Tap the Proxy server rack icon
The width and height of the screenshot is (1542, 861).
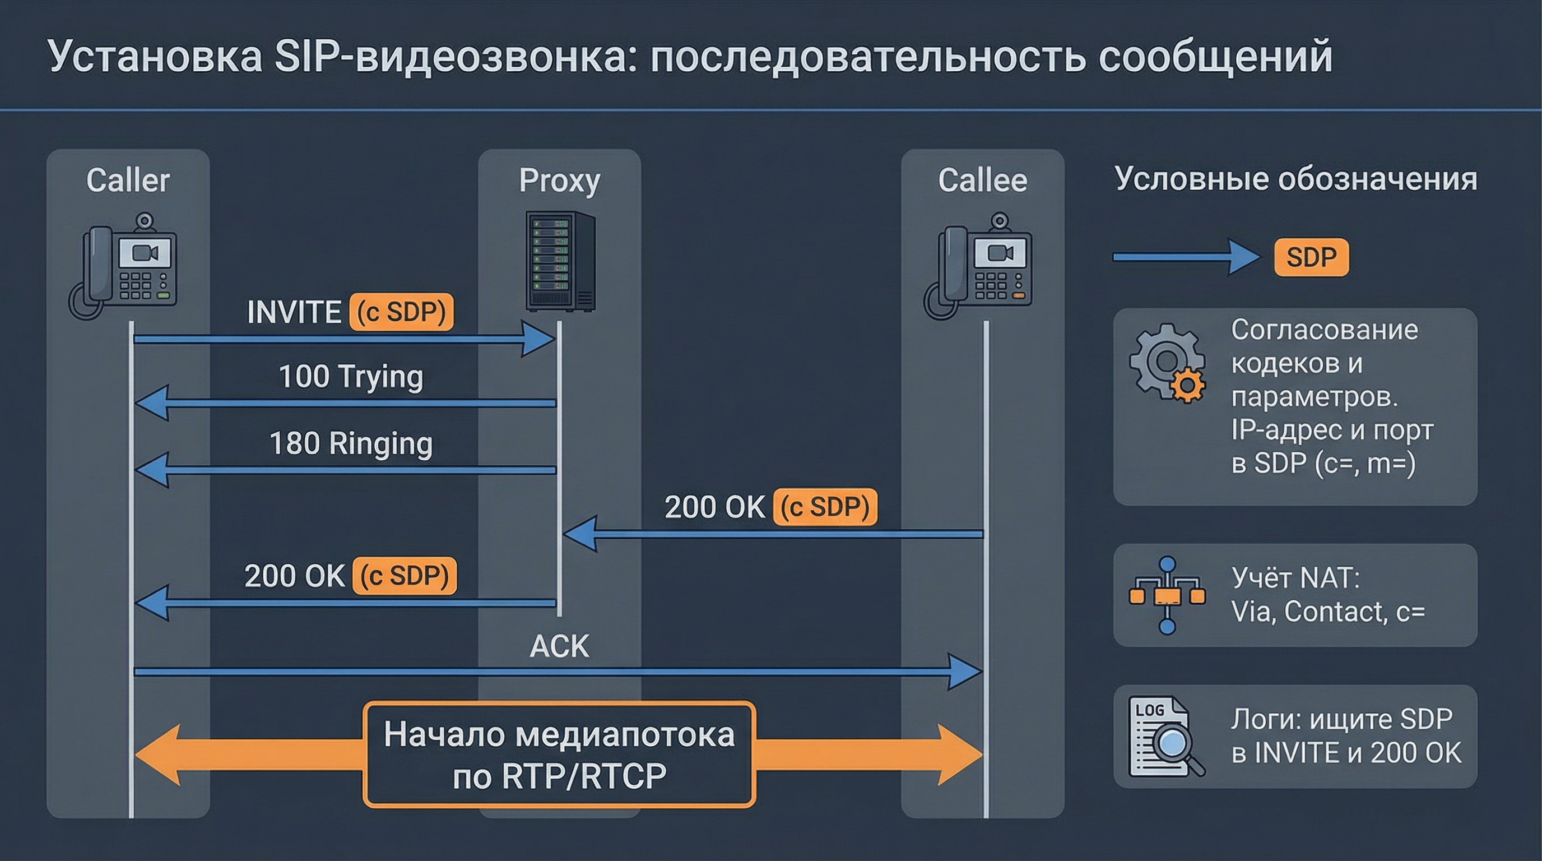560,261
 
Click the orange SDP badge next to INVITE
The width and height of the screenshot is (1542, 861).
402,312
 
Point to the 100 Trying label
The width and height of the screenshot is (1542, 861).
351,377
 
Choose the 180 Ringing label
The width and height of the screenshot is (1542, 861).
351,443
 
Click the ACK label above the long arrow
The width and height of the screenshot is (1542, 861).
559,646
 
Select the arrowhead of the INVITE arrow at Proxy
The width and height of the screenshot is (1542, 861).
538,340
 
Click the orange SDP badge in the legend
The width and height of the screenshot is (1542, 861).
1311,257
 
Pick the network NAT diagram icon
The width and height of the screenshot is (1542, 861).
1167,595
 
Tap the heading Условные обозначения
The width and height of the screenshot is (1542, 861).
1295,179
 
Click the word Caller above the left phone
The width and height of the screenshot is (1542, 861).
128,180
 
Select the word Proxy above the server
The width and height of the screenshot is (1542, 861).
559,180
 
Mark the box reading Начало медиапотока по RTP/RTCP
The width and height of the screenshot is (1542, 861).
559,755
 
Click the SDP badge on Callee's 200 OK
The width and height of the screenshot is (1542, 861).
825,507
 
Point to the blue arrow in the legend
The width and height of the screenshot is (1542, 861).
1185,257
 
